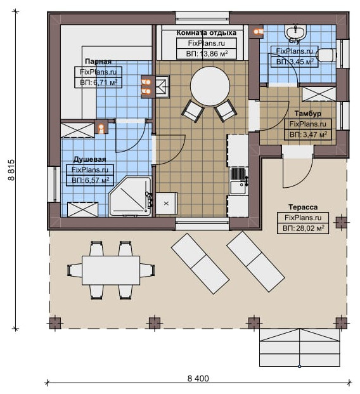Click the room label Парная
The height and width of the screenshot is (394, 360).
pyautogui.click(x=98, y=62)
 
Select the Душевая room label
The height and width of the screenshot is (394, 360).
pyautogui.click(x=89, y=159)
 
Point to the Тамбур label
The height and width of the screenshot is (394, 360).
pyautogui.click(x=308, y=114)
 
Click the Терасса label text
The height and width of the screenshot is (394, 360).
pyautogui.click(x=303, y=207)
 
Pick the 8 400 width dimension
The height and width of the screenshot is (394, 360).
pyautogui.click(x=198, y=378)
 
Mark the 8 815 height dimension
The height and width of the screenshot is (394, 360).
pyautogui.click(x=11, y=170)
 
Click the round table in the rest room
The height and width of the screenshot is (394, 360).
pyautogui.click(x=210, y=86)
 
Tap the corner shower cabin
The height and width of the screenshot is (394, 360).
pyautogui.click(x=131, y=196)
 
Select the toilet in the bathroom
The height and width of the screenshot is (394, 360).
pyautogui.click(x=326, y=55)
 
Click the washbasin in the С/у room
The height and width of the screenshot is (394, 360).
pyautogui.click(x=295, y=32)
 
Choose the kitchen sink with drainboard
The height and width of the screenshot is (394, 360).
pyautogui.click(x=238, y=181)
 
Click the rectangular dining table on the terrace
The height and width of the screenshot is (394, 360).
pyautogui.click(x=111, y=270)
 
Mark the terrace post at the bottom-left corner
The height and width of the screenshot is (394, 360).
pyautogui.click(x=55, y=323)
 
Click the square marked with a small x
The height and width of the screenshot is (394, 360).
pyautogui.click(x=166, y=203)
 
